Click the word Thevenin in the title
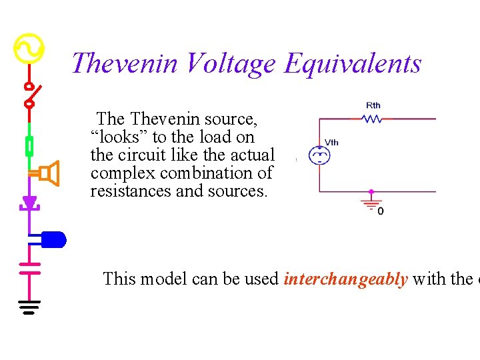pos(125,64)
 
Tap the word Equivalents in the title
pos(353,64)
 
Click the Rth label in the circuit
pos(373,105)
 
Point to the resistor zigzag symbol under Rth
pos(372,119)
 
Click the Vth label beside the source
pos(331,142)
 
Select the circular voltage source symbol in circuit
pos(320,156)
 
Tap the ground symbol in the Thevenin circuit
pos(371,202)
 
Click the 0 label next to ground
pos(381,211)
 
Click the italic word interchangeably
pos(345,279)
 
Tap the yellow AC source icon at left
pos(29,48)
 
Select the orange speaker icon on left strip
pos(48,173)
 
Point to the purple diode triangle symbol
pos(29,202)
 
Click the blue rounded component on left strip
pos(53,239)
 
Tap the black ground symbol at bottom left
pos(29,307)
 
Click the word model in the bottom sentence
pos(163,279)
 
